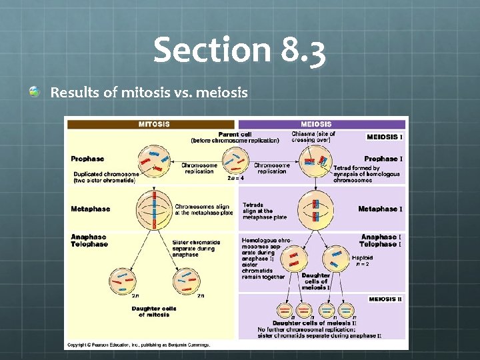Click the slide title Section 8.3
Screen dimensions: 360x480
[x=240, y=51]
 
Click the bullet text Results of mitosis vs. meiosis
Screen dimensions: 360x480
[x=149, y=92]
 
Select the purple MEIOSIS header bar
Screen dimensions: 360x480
[x=321, y=124]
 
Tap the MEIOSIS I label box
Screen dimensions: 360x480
[x=385, y=137]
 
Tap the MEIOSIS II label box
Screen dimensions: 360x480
[x=386, y=300]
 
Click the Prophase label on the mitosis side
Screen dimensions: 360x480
[x=87, y=159]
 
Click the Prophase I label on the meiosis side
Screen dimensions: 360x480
[x=381, y=159]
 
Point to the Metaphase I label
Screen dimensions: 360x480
[x=380, y=209]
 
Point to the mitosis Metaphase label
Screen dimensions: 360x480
[x=91, y=209]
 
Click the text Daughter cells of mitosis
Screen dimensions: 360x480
[x=153, y=311]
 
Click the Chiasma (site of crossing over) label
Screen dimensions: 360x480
[x=313, y=137]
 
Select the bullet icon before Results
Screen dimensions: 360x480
[x=35, y=92]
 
